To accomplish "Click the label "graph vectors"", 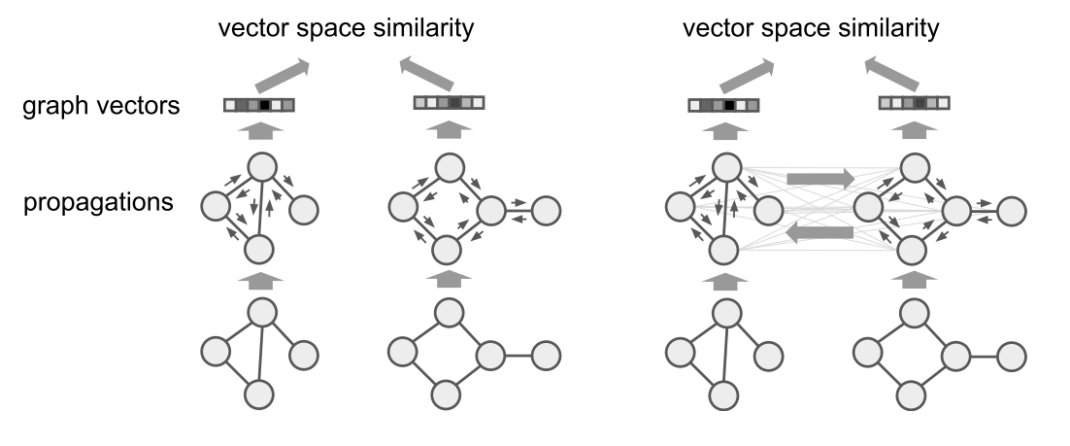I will pyautogui.click(x=100, y=106).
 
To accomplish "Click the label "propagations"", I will pyautogui.click(x=100, y=204).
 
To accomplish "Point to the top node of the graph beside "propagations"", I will pyautogui.click(x=259, y=167).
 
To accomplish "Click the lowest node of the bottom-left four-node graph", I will pyautogui.click(x=259, y=395).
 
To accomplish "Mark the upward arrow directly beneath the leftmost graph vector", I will pyautogui.click(x=259, y=130).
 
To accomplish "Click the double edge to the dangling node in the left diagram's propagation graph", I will pyautogui.click(x=522, y=208).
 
